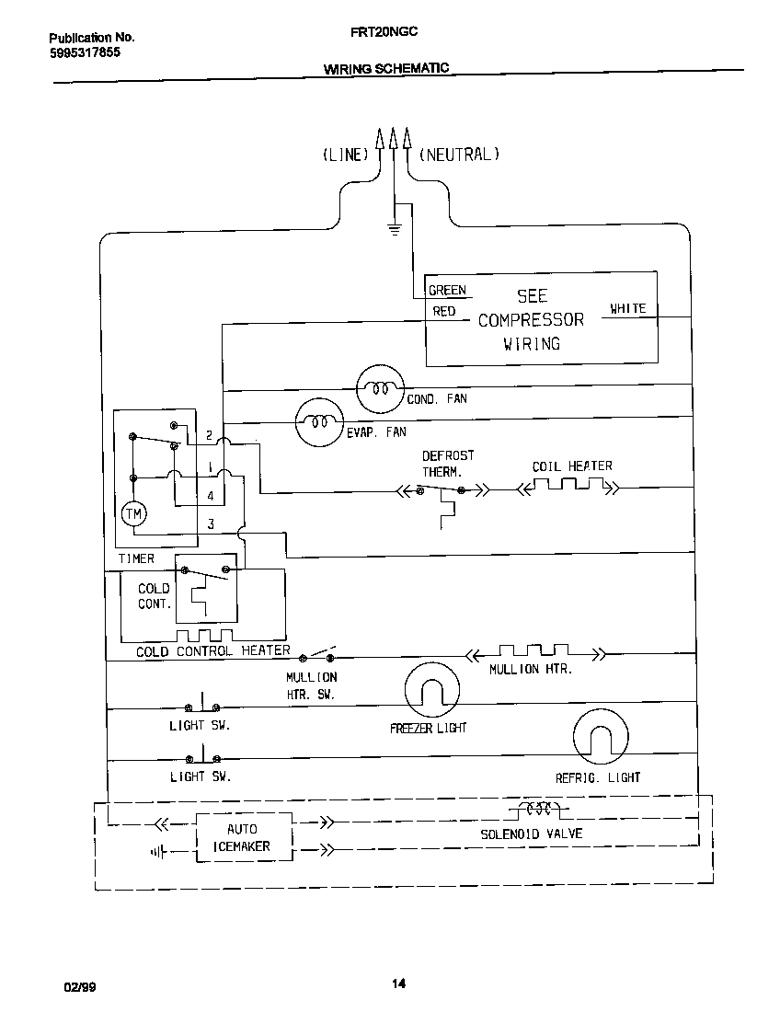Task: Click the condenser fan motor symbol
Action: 380,388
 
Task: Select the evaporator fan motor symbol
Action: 318,421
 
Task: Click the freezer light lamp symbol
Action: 431,690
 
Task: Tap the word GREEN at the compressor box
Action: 448,291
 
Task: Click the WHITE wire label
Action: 628,309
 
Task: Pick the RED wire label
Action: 444,312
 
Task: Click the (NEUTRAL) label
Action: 459,155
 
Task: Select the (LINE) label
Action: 345,155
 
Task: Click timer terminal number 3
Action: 211,525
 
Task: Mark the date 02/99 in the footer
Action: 79,986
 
